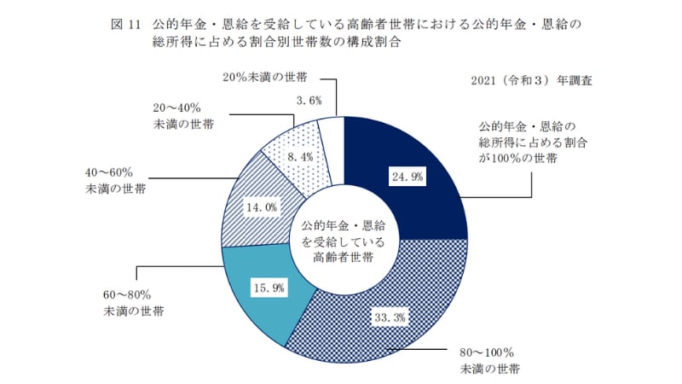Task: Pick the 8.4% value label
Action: click(303, 157)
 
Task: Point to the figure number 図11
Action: click(124, 23)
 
